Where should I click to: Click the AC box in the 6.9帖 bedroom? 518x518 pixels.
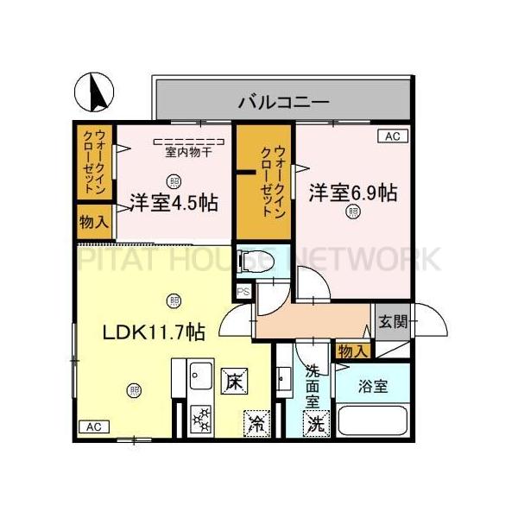coord(393,136)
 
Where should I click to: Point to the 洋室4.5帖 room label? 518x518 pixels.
coord(174,204)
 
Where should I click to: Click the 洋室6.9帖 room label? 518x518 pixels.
coord(352,193)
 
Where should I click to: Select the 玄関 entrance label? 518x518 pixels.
coord(393,323)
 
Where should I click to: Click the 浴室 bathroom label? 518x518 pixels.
coord(374,386)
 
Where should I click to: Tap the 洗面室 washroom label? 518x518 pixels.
coord(313,386)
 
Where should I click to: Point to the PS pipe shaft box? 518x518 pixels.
coord(243,291)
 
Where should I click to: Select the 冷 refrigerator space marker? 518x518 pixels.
coord(256,423)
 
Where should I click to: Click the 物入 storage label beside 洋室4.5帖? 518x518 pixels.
coord(94,221)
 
